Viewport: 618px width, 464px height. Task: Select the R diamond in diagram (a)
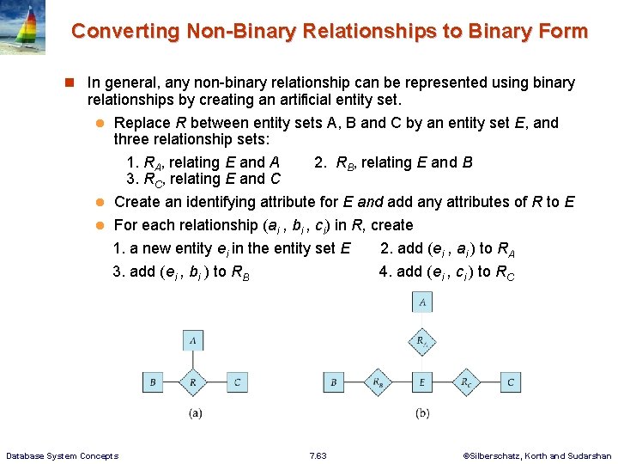pyautogui.click(x=194, y=382)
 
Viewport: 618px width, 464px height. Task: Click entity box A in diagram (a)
pyautogui.click(x=194, y=340)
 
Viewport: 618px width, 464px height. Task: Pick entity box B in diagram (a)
pyautogui.click(x=152, y=382)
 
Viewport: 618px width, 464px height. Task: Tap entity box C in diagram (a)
pyautogui.click(x=236, y=382)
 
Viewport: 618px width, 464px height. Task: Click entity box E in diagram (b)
pyautogui.click(x=421, y=382)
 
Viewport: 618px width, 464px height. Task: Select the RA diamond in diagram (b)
pyautogui.click(x=421, y=342)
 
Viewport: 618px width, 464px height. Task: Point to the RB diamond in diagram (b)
pyautogui.click(x=378, y=382)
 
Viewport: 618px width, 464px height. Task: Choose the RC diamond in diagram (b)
pyautogui.click(x=465, y=382)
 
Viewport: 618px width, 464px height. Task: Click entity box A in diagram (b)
pyautogui.click(x=421, y=302)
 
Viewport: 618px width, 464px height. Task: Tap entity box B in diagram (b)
pyautogui.click(x=333, y=382)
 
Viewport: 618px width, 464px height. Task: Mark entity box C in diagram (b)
pyautogui.click(x=511, y=382)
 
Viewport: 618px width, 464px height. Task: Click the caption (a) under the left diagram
pyautogui.click(x=195, y=413)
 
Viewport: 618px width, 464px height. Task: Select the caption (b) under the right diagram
pyautogui.click(x=421, y=413)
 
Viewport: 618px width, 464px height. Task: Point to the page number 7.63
pyautogui.click(x=318, y=455)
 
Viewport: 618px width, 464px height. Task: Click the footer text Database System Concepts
pyautogui.click(x=62, y=455)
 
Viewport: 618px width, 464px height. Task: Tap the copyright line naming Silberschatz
pyautogui.click(x=537, y=455)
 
